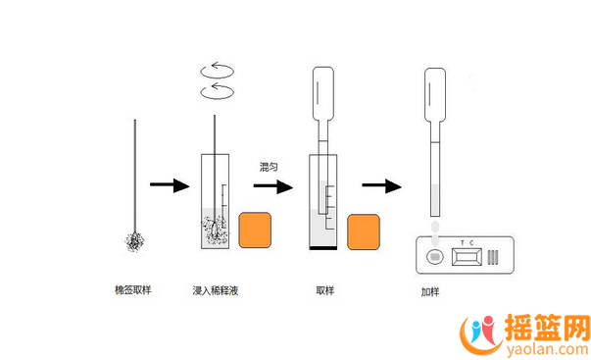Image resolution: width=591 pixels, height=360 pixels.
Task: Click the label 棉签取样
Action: (x=133, y=290)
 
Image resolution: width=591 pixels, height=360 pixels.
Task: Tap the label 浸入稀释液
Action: (x=216, y=290)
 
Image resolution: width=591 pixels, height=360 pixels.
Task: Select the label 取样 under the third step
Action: (x=325, y=290)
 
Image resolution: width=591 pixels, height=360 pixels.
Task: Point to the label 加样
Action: (x=430, y=291)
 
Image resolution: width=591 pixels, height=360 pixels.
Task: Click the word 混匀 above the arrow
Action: (x=269, y=167)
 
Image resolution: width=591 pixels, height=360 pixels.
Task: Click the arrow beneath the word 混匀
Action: (x=273, y=186)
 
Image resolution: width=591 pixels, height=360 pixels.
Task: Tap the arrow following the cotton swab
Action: (x=170, y=185)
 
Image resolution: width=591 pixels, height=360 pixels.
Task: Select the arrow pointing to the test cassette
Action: (x=382, y=185)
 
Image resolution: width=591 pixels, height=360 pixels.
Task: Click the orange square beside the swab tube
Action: (x=255, y=231)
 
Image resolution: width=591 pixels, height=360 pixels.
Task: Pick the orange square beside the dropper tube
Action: (x=364, y=232)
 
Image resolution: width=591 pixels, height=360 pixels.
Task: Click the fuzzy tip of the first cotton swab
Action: (x=134, y=242)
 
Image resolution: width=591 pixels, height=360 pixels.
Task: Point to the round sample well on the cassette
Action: (x=435, y=257)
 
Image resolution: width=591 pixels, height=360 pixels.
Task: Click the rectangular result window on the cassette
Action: (x=467, y=257)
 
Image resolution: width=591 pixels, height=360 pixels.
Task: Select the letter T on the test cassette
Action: (x=463, y=243)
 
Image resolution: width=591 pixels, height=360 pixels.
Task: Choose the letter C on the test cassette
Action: (x=471, y=243)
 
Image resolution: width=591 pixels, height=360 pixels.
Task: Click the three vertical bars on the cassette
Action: (x=493, y=257)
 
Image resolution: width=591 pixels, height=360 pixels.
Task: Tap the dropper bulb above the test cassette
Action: (x=435, y=94)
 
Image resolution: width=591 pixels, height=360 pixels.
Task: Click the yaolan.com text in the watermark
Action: (x=547, y=349)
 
